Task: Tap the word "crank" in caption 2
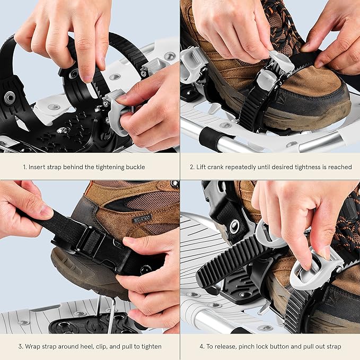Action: tap(217, 167)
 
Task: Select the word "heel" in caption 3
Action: tap(87, 347)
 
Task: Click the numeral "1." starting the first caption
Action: tap(25, 167)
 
